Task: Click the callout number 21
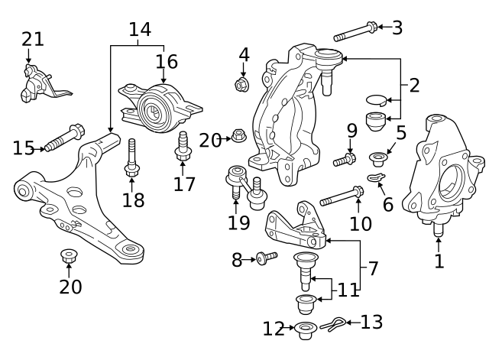(x=33, y=40)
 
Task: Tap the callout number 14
(x=140, y=30)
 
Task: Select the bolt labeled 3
(x=355, y=31)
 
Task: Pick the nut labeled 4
(x=241, y=85)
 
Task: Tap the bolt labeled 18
(x=132, y=158)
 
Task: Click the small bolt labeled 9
(x=345, y=160)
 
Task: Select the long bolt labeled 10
(x=342, y=196)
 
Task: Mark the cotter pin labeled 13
(x=333, y=324)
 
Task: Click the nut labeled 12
(x=306, y=330)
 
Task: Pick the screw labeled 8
(x=267, y=258)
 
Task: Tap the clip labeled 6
(x=377, y=177)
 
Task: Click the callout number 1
(x=439, y=261)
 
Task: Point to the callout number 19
(x=239, y=222)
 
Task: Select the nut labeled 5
(x=378, y=159)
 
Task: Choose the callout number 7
(x=373, y=268)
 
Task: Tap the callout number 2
(x=414, y=85)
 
